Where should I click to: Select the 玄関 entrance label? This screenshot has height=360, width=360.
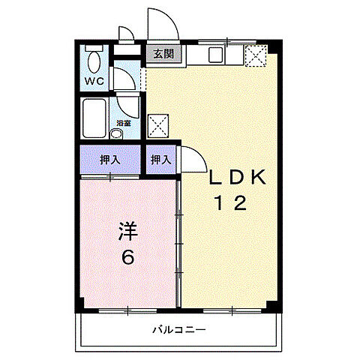coord(163,54)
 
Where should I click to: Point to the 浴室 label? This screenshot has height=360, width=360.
coord(122,123)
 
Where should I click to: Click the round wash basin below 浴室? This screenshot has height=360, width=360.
coord(116,134)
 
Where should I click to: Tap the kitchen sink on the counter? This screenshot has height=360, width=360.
coord(213,55)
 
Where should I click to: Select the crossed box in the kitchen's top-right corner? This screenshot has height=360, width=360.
coord(256,55)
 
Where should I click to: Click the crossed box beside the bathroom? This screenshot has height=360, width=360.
coord(157,124)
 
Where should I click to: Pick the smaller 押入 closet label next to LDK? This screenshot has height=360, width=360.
coord(160,159)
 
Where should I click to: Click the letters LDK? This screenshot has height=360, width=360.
coord(236,178)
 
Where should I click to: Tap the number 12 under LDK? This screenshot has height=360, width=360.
coord(231,203)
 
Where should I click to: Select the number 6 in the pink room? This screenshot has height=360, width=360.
coord(128,257)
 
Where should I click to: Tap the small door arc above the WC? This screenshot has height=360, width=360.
coord(126,34)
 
